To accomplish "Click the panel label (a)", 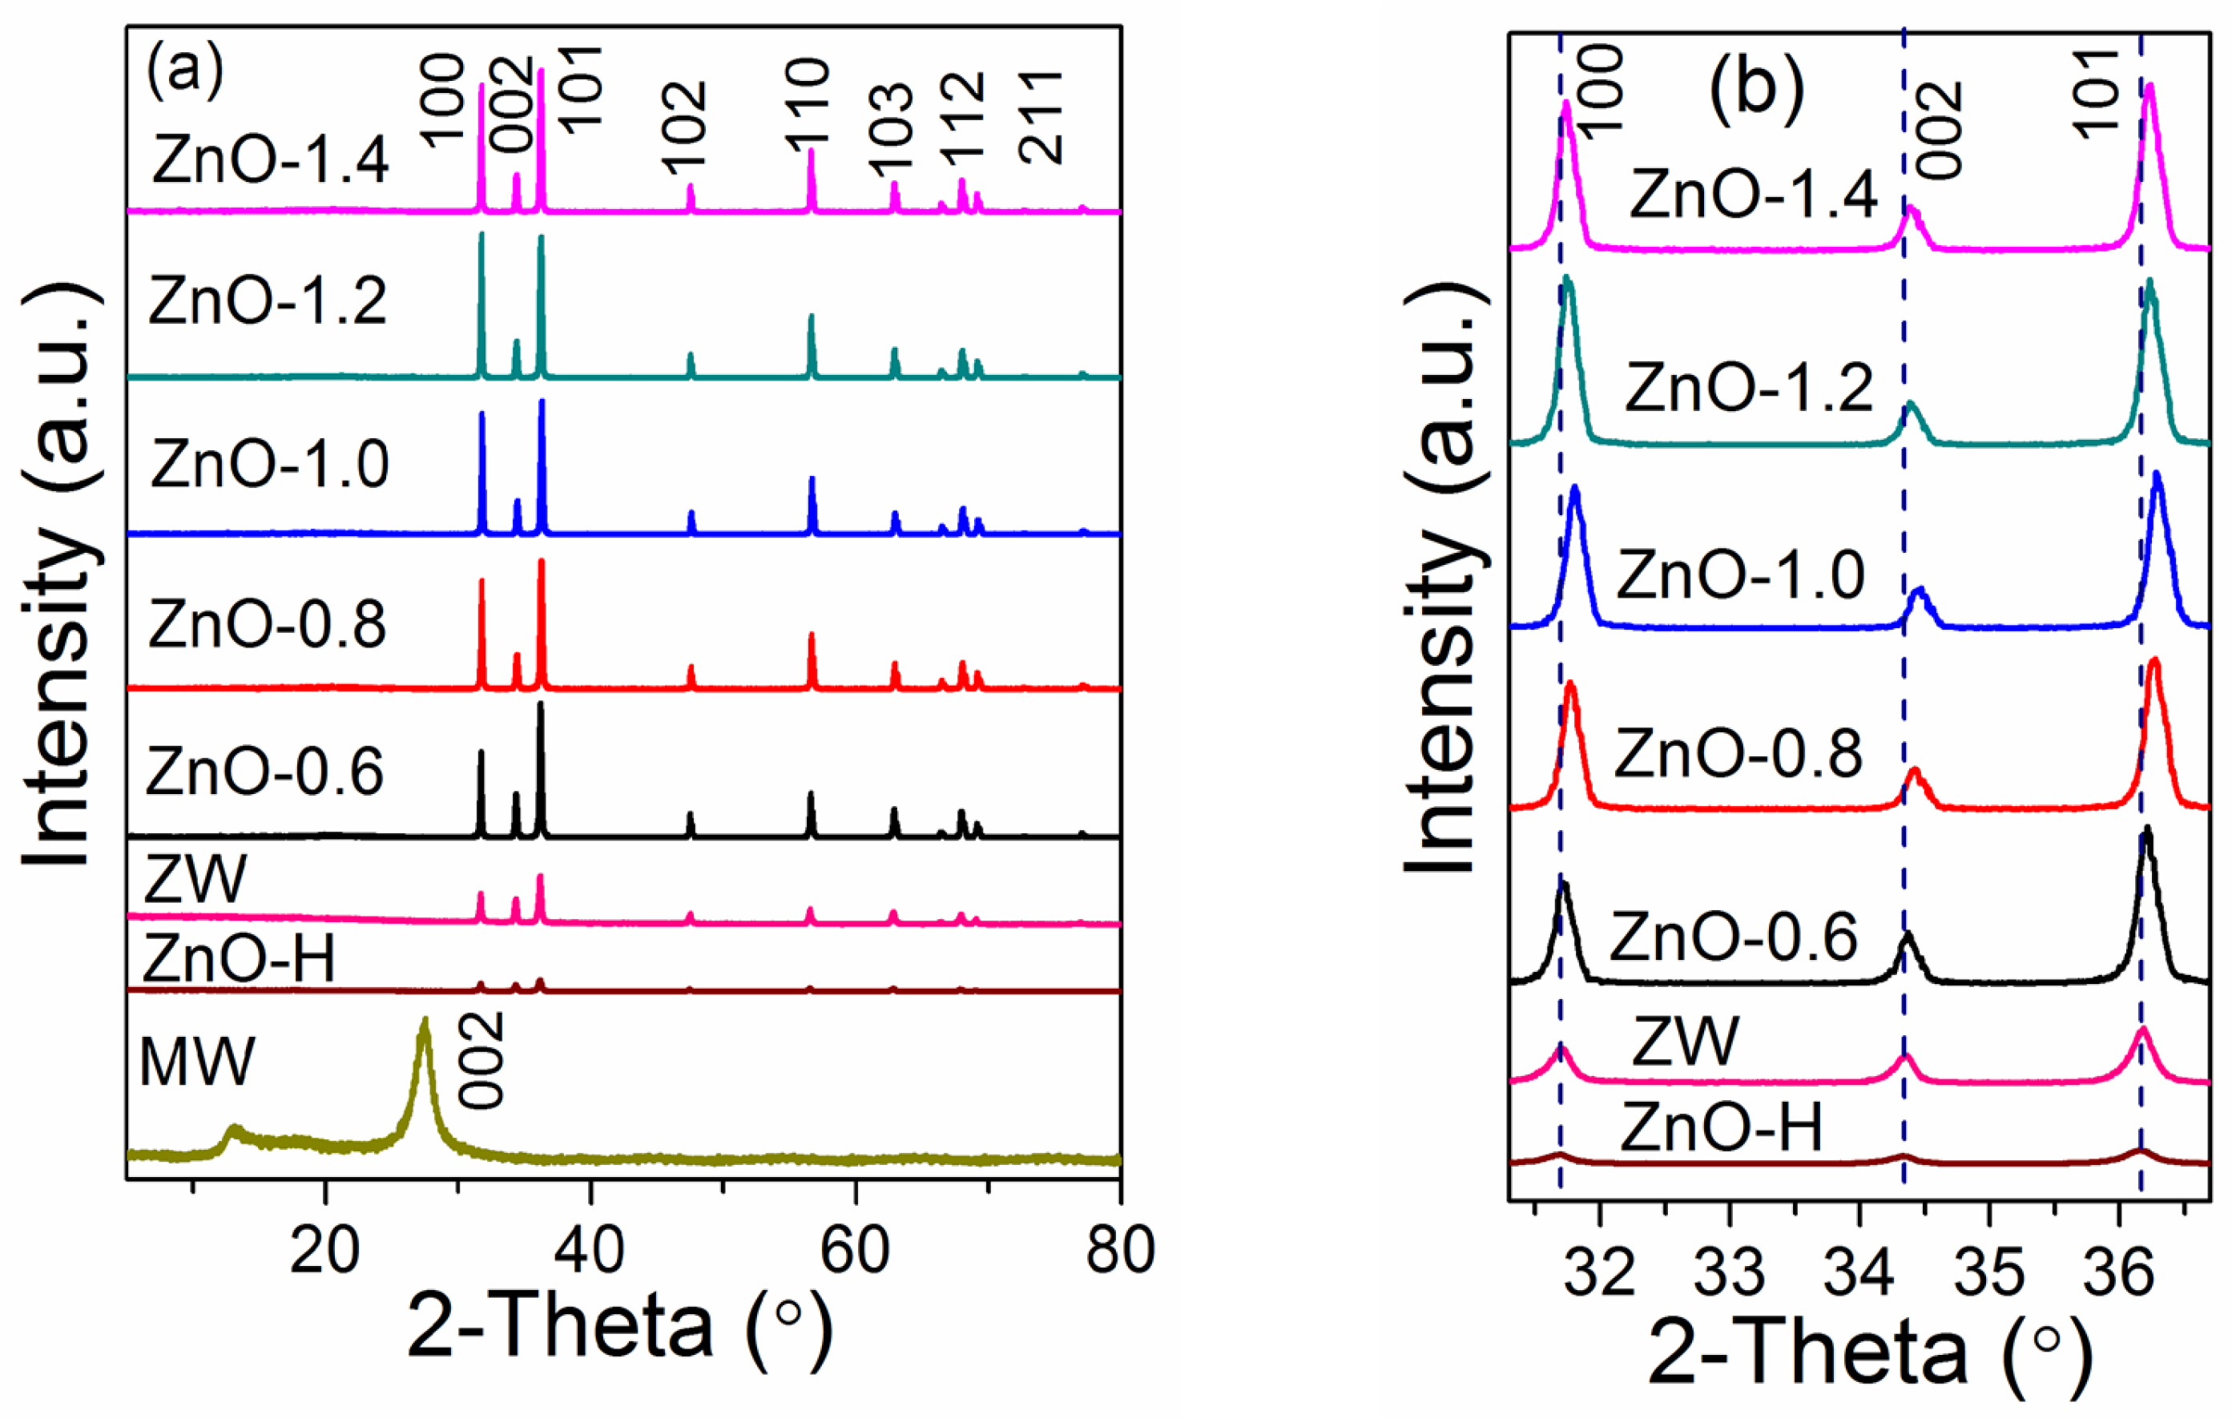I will pyautogui.click(x=184, y=69).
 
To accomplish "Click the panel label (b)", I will pyautogui.click(x=1756, y=93).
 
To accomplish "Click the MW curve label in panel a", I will pyautogui.click(x=196, y=1061).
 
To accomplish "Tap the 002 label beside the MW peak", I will pyautogui.click(x=483, y=1059).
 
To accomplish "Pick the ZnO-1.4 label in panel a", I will pyautogui.click(x=270, y=159).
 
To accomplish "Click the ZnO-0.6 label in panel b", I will pyautogui.click(x=1734, y=938).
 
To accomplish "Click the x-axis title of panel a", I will pyautogui.click(x=619, y=1327).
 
